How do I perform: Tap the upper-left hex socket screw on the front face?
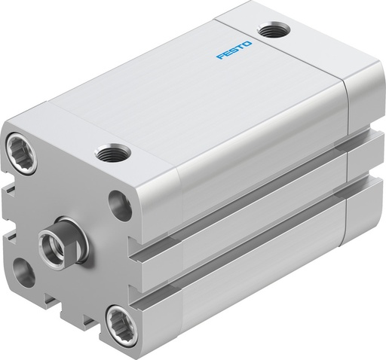pyautogui.click(x=19, y=145)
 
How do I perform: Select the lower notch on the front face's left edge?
pyautogui.click(x=8, y=239)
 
